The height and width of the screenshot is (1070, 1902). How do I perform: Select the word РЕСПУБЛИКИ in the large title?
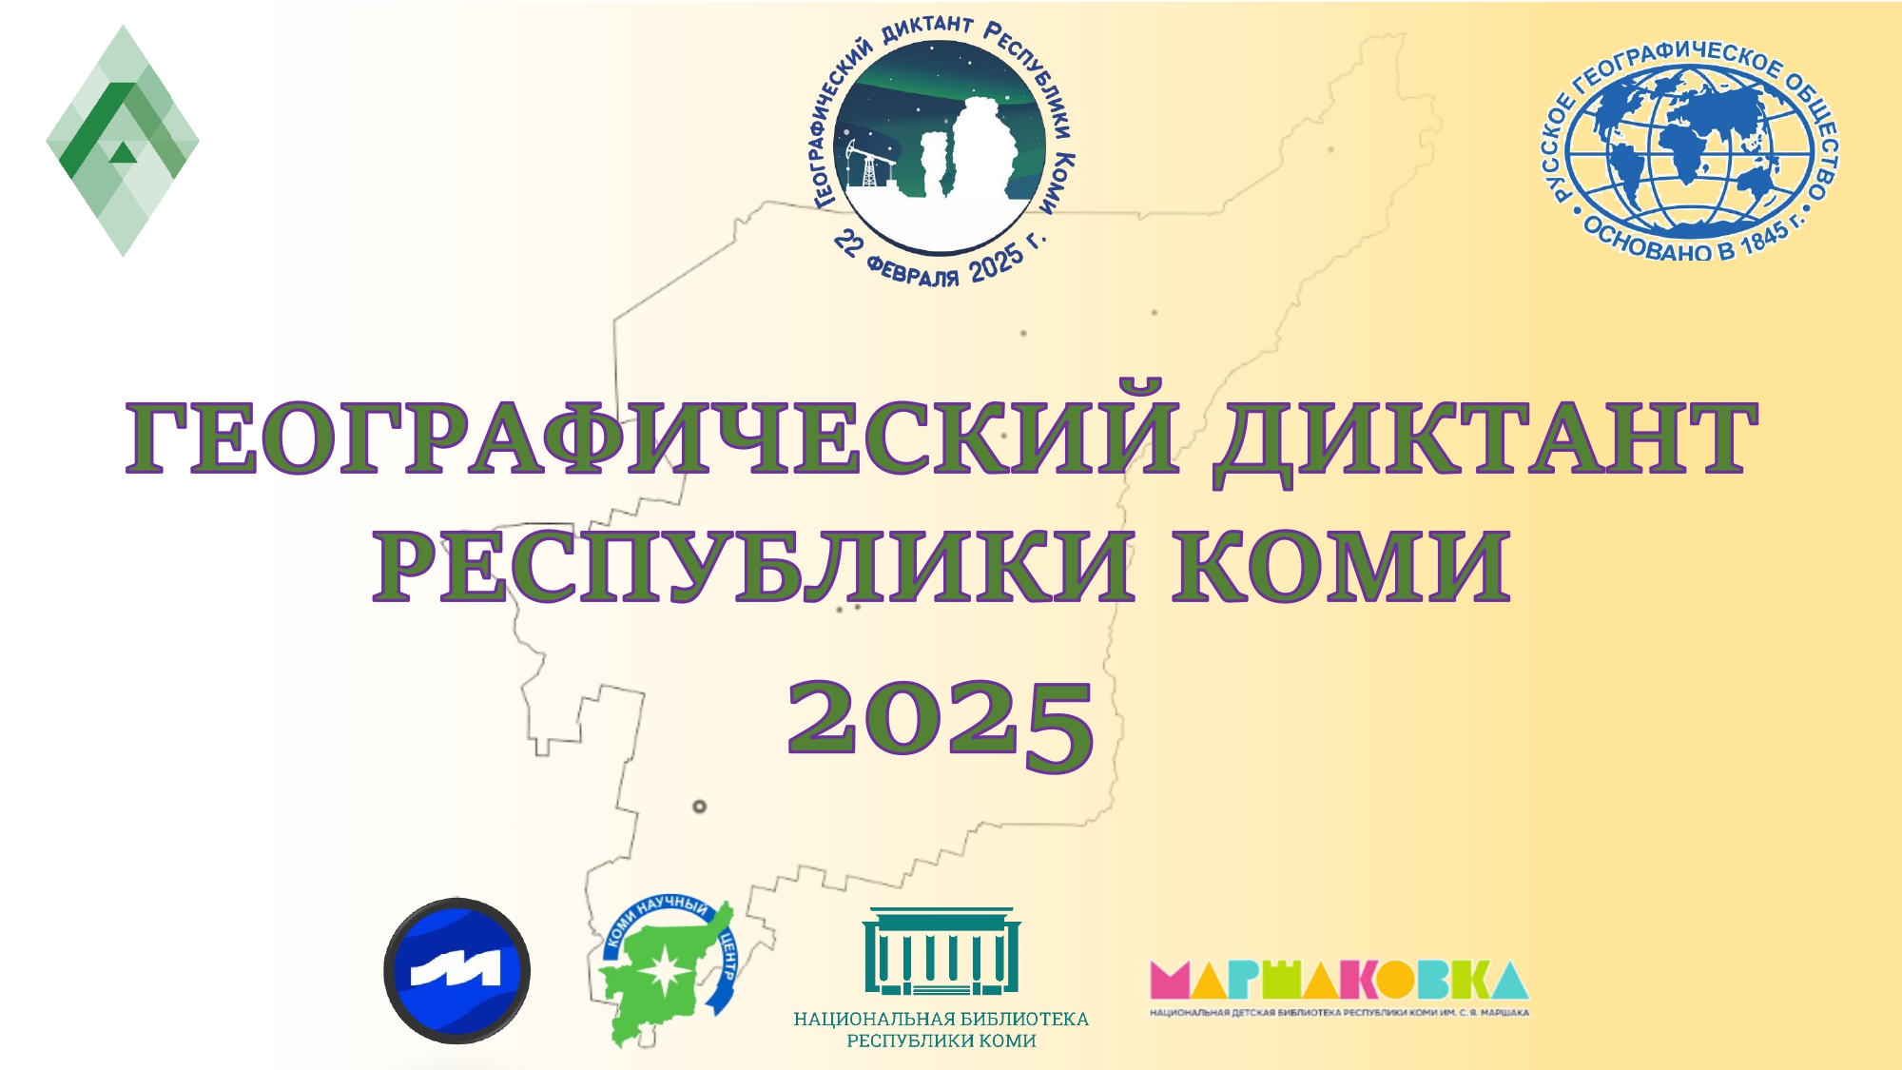pyautogui.click(x=754, y=567)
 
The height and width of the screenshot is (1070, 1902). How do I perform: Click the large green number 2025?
pyautogui.click(x=941, y=725)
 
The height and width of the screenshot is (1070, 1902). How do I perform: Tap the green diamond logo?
pyautogui.click(x=123, y=141)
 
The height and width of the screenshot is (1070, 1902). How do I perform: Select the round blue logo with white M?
pyautogui.click(x=456, y=971)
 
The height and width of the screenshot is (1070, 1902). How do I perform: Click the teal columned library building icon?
pyautogui.click(x=941, y=950)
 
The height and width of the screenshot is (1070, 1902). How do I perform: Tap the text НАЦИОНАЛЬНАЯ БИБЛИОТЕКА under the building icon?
pyautogui.click(x=941, y=1019)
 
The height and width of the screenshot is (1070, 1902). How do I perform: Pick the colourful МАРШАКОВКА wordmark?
pyautogui.click(x=1339, y=980)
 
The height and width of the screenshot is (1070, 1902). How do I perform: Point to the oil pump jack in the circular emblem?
pyautogui.click(x=864, y=165)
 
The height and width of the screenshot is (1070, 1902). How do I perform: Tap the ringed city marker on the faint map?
pyautogui.click(x=700, y=807)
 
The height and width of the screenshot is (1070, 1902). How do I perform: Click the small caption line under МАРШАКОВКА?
pyautogui.click(x=1339, y=1013)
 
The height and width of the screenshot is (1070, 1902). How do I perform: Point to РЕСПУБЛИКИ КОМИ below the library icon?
pyautogui.click(x=941, y=1041)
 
